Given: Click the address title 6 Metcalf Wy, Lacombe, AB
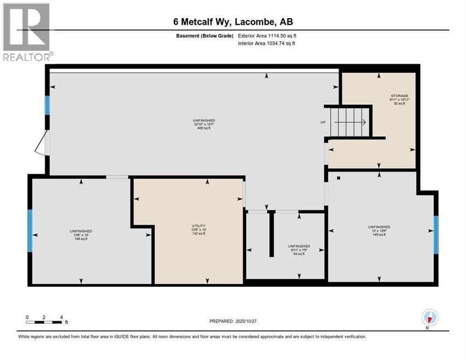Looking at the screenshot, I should point(233,22).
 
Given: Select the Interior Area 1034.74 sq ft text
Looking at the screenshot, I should point(266,44).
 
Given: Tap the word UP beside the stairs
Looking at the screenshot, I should point(323,122).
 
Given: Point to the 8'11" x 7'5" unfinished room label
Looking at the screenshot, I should point(299,250).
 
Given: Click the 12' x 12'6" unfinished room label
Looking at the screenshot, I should point(379,231).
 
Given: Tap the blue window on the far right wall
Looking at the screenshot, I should point(436,234).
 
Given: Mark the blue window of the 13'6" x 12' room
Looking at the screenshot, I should point(30,230).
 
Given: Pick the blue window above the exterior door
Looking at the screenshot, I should point(47,105).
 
